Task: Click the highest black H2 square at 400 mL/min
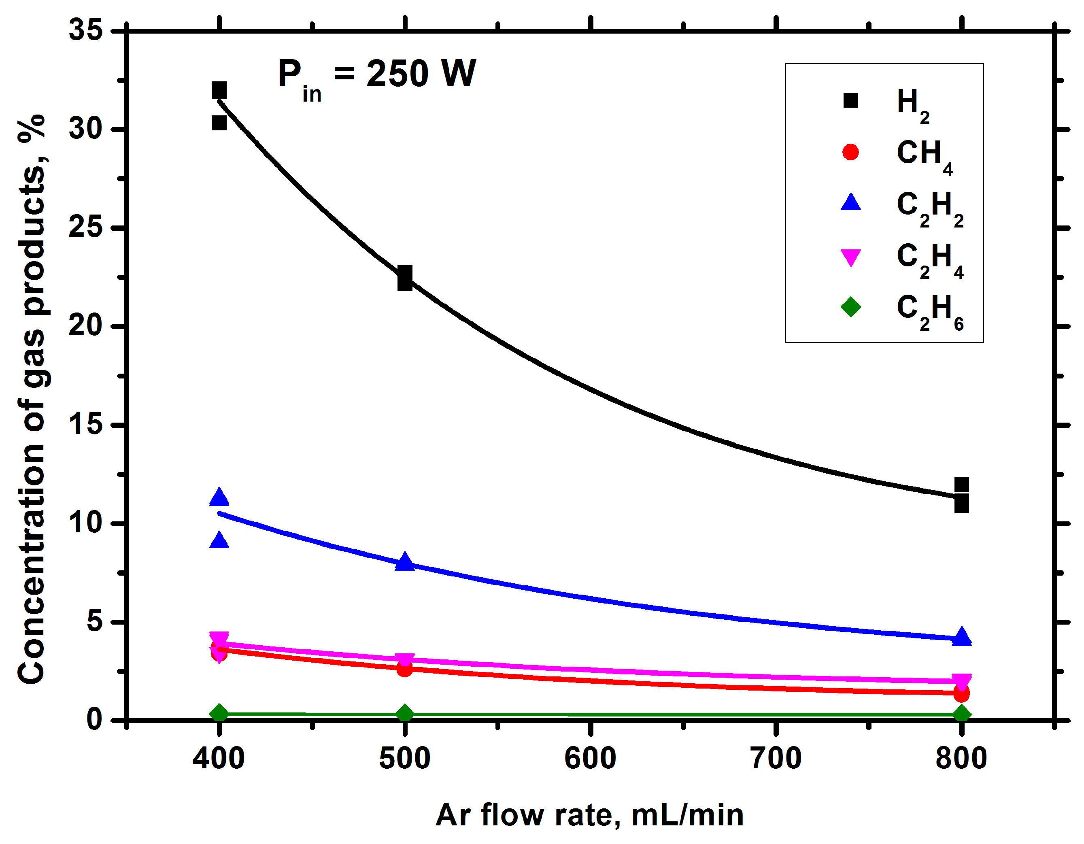(x=219, y=91)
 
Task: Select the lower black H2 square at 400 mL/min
(x=219, y=123)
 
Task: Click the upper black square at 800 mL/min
(x=961, y=485)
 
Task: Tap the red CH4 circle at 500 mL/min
(x=404, y=669)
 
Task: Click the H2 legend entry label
(x=912, y=104)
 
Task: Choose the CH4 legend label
(x=923, y=155)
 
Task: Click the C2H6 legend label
(x=929, y=310)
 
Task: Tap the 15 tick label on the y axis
(x=85, y=425)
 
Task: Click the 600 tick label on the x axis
(x=590, y=759)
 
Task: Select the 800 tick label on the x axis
(x=961, y=759)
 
